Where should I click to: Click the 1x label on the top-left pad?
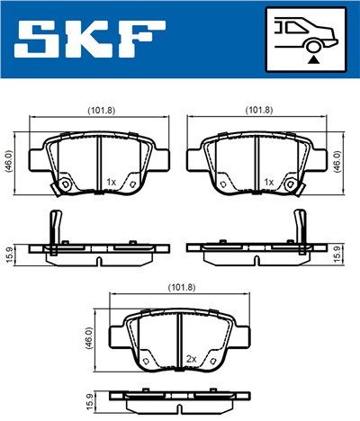pyautogui.click(x=112, y=183)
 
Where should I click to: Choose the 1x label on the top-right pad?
pyautogui.click(x=268, y=183)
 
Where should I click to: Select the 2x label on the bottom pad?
pyautogui.click(x=191, y=359)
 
